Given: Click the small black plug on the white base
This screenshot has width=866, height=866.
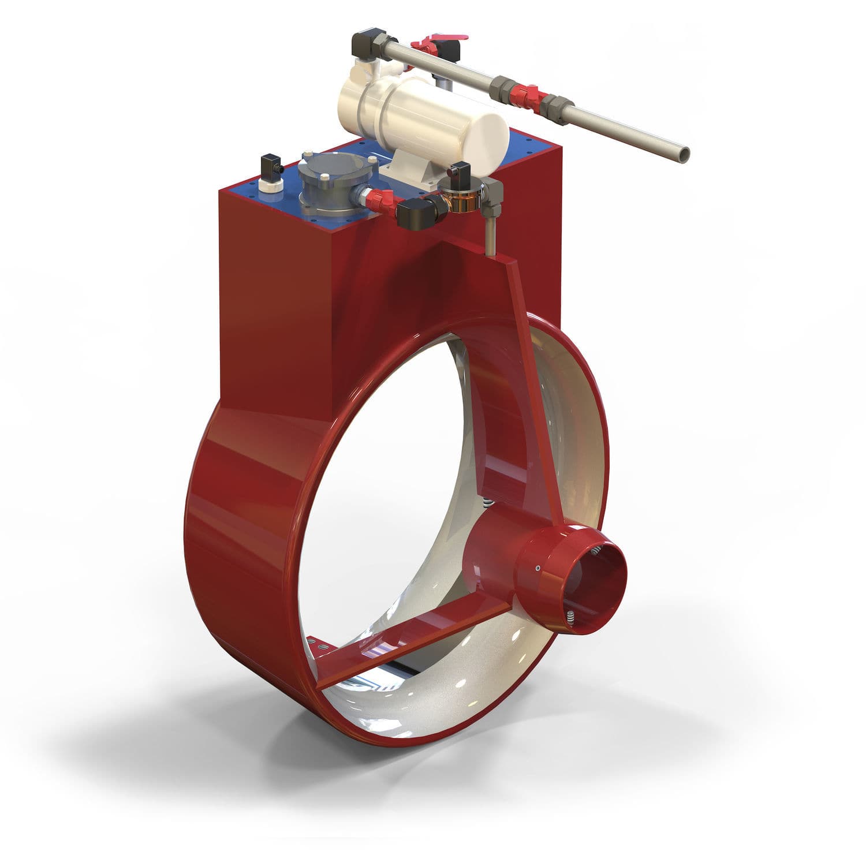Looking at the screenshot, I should [x=270, y=168].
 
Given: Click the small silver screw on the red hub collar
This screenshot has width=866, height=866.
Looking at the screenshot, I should [x=537, y=569].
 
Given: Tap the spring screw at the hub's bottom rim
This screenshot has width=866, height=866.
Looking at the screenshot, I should [x=570, y=616].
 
